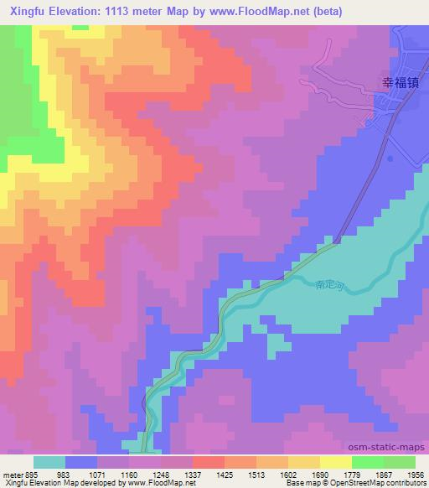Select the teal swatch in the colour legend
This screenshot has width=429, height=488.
pyautogui.click(x=49, y=462)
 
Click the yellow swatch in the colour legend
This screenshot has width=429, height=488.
pyautogui.click(x=335, y=462)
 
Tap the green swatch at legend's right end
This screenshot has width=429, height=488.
pyautogui.click(x=399, y=462)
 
